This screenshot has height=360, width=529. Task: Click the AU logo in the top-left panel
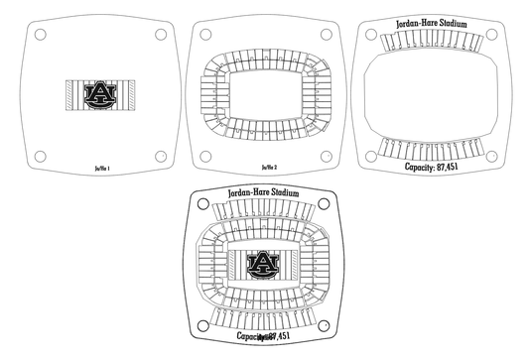(98, 94)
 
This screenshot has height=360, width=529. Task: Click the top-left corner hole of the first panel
(39, 35)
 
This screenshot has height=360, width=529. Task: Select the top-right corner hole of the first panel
(160, 35)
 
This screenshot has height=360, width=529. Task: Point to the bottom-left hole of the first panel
(39, 156)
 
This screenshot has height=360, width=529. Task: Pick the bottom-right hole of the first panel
(160, 156)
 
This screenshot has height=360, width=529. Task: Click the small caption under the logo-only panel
(100, 169)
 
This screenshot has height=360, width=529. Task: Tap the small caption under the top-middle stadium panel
(268, 169)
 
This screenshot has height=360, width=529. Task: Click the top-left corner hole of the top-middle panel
(207, 35)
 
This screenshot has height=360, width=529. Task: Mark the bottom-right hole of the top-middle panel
(328, 156)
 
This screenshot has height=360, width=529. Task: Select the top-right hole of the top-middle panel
(328, 35)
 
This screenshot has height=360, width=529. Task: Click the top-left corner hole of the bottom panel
(202, 204)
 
